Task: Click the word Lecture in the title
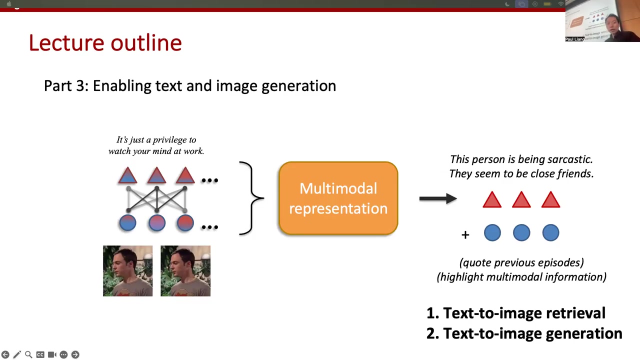(66, 43)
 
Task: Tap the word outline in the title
(146, 43)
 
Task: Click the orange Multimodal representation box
(338, 198)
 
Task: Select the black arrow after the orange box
(438, 198)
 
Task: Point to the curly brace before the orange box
(251, 198)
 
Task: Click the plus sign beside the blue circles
(465, 235)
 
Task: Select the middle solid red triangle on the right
(521, 199)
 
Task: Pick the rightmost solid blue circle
(550, 232)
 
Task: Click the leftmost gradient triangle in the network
(127, 175)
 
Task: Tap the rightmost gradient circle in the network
(185, 223)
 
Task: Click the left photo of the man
(127, 271)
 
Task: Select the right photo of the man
(185, 271)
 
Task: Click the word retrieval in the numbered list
(575, 313)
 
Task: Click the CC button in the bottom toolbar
(40, 354)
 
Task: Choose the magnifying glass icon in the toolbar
(28, 354)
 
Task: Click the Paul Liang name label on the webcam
(575, 39)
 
